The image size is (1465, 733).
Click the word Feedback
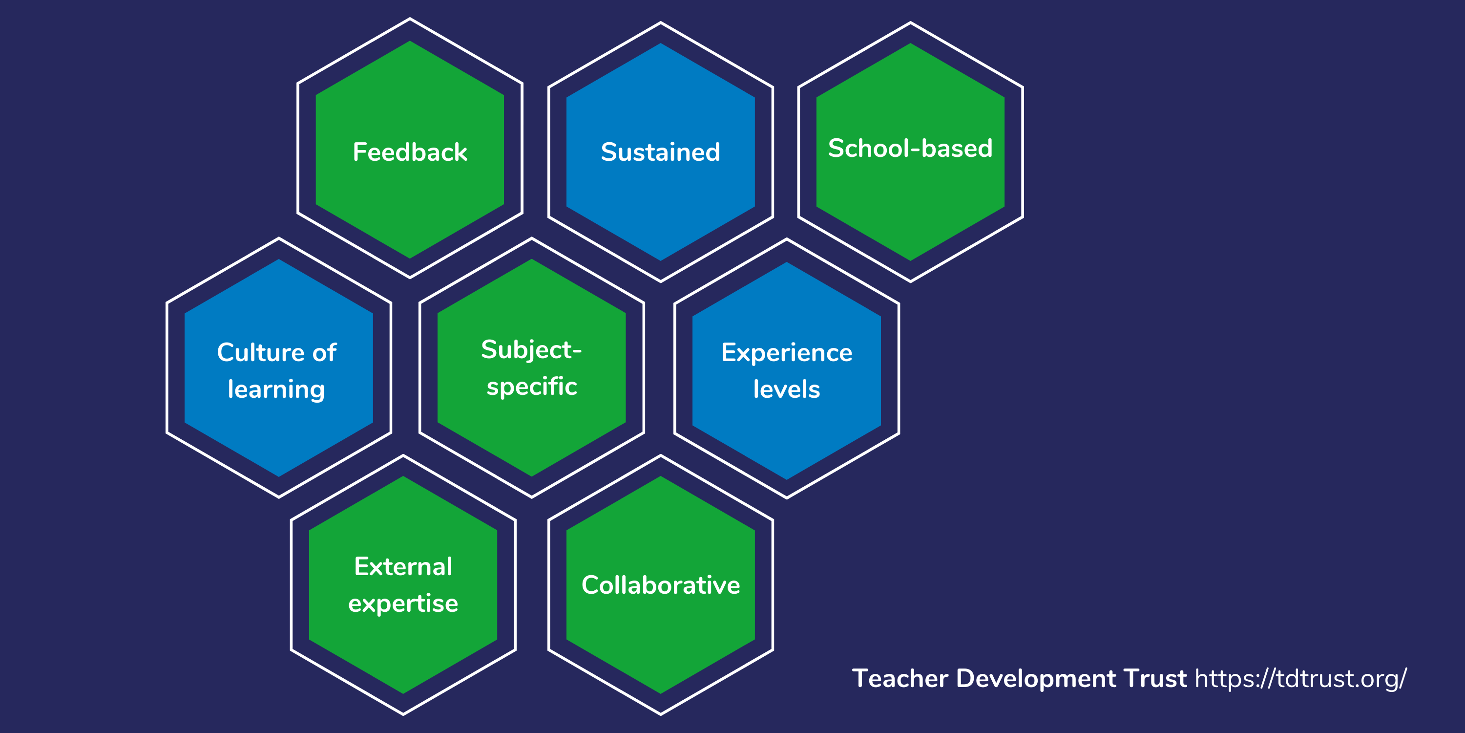[x=410, y=152]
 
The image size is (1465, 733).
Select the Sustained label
[x=660, y=152]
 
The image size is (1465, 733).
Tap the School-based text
[x=910, y=148]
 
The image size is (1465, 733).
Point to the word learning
[x=276, y=390]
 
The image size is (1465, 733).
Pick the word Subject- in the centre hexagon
[x=531, y=349]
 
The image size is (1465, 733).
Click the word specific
[x=532, y=387]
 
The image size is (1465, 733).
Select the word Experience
[x=787, y=353]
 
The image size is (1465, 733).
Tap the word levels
[x=787, y=390]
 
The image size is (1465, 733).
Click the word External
[x=403, y=566]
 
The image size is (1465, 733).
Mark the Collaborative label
[x=660, y=585]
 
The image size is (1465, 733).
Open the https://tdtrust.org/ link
[x=1300, y=678]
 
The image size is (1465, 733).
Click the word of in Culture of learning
[x=324, y=352]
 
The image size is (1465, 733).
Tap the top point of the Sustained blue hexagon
[x=660, y=44]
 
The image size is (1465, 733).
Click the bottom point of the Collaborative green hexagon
[x=660, y=692]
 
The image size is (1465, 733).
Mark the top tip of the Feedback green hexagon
[x=410, y=42]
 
